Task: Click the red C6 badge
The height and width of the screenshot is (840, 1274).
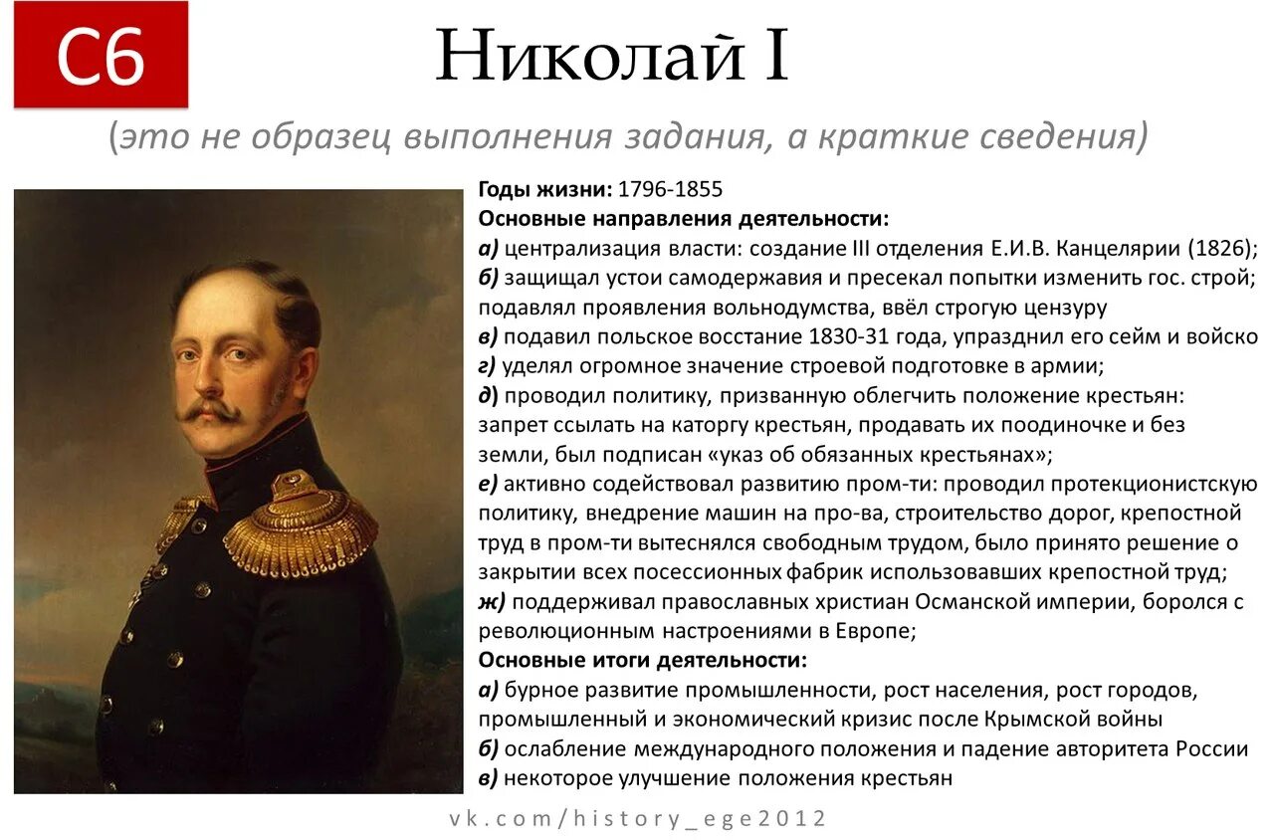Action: click(101, 56)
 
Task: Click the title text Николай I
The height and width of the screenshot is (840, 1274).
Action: click(612, 56)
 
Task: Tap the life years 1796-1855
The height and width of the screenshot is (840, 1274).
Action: click(670, 189)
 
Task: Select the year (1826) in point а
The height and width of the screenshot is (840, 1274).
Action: click(1219, 248)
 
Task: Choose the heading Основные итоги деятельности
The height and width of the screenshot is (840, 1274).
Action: click(643, 661)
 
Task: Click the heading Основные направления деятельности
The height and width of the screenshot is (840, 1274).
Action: click(684, 218)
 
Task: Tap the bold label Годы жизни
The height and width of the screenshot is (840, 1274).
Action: click(545, 189)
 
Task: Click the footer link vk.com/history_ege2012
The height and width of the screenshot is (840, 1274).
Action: click(638, 819)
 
